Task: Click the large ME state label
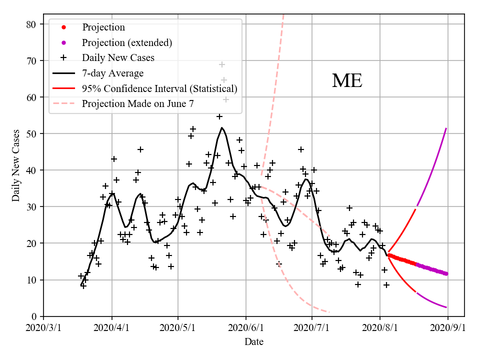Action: coord(347,81)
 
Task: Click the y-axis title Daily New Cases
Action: coord(16,165)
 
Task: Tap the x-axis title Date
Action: coord(253,342)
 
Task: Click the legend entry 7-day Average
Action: coord(113,73)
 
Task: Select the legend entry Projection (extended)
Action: coord(127,42)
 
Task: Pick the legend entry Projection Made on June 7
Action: coord(137,104)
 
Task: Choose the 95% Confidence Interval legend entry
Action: coord(159,88)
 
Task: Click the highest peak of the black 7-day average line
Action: coord(222,127)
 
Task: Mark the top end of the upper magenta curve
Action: coord(446,128)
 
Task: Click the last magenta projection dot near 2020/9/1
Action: coord(446,273)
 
